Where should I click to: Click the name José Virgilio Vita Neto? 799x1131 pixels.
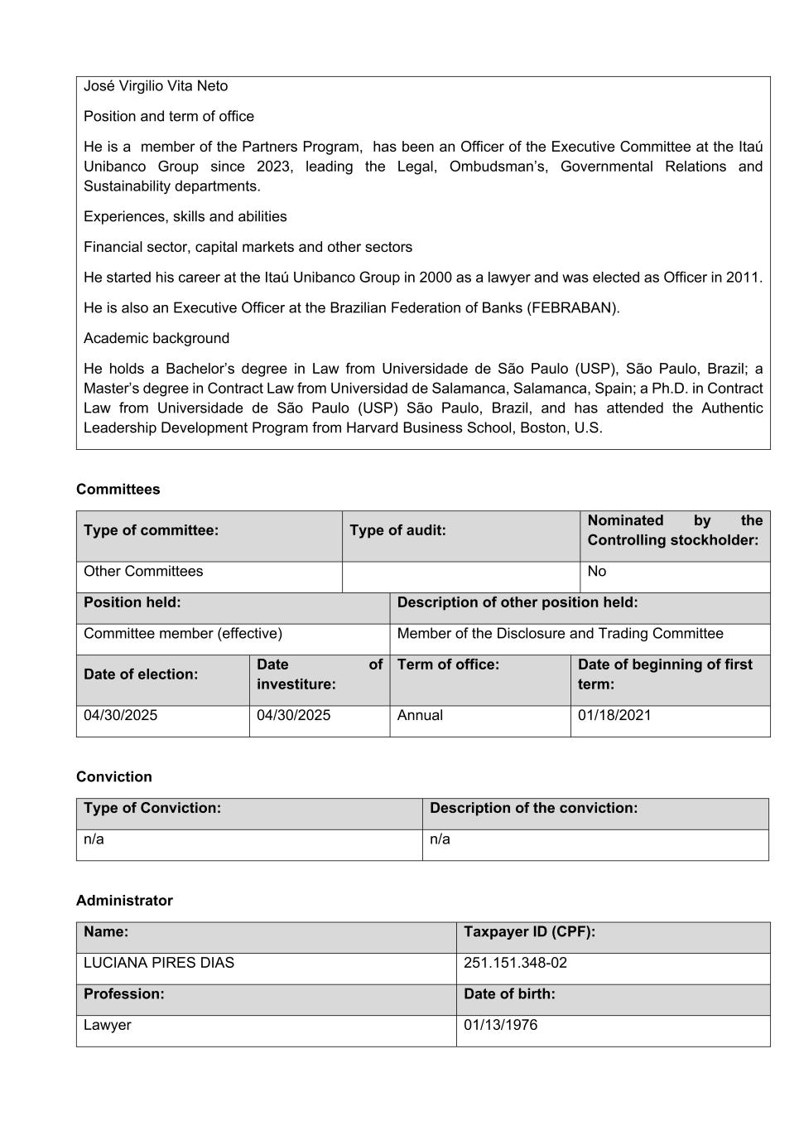(x=156, y=86)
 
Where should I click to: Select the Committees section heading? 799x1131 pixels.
(x=118, y=490)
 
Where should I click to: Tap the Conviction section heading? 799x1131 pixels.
(x=114, y=777)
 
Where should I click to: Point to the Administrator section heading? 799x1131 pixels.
(x=124, y=901)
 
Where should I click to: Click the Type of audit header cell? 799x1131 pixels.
(x=397, y=530)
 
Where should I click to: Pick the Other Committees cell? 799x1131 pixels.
(x=143, y=572)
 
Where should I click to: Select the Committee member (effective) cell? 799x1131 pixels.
(x=183, y=634)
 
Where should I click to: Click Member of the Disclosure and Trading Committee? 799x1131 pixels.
(x=560, y=634)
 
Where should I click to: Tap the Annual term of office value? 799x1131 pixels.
(x=420, y=716)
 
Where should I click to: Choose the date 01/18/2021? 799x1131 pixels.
(x=614, y=716)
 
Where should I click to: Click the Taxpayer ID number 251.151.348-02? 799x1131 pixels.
(x=515, y=964)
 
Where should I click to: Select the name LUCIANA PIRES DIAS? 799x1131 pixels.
(x=159, y=964)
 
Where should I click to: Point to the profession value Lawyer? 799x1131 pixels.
(x=108, y=1026)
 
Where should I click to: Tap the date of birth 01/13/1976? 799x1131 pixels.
(x=500, y=1026)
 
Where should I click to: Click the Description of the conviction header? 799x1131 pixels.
(x=534, y=809)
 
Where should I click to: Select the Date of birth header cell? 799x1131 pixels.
(x=509, y=994)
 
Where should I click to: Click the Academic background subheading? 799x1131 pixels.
(x=156, y=339)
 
